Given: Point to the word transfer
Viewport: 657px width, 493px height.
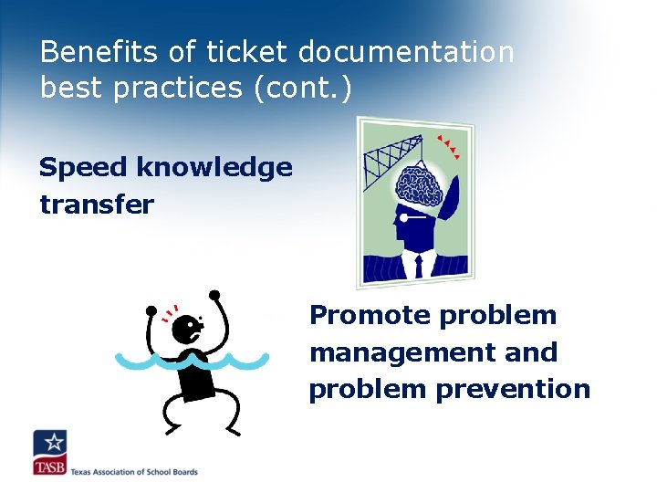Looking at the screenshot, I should click(x=96, y=204).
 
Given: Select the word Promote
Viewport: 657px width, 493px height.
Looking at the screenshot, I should click(x=370, y=316).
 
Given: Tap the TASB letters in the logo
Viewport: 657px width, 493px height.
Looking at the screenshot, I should click(x=50, y=467).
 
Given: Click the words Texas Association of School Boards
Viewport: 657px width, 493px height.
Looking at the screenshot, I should click(x=133, y=471).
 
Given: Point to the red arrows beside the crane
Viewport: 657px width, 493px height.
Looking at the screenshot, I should click(x=447, y=146).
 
